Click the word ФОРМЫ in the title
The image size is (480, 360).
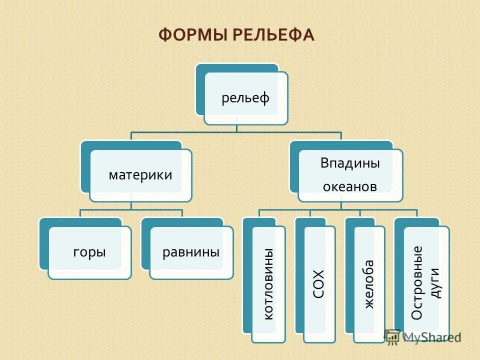(x=190, y=35)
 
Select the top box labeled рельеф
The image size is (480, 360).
(x=245, y=98)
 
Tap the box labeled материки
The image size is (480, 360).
(x=140, y=175)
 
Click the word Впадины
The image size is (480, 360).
(x=350, y=163)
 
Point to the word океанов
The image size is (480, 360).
(x=350, y=187)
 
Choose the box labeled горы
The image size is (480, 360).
(x=89, y=252)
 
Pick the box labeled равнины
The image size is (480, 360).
(x=191, y=252)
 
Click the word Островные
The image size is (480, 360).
(x=417, y=282)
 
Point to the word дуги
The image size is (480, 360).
(x=435, y=282)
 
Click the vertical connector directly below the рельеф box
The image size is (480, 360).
(x=237, y=128)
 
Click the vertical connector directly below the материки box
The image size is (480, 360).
(x=131, y=205)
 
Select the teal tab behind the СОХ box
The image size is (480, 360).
(x=299, y=275)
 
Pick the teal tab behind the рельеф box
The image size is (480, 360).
(x=200, y=90)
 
